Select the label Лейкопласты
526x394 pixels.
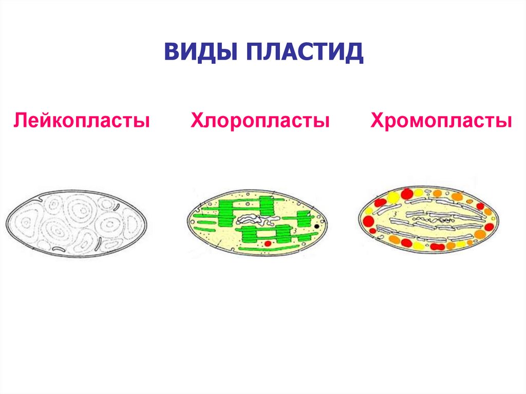click(82, 121)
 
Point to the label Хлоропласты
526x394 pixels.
click(260, 121)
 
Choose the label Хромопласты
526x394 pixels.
click(441, 121)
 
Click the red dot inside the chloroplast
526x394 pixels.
click(267, 242)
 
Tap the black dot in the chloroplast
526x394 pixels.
click(317, 226)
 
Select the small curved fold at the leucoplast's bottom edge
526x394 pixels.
click(59, 249)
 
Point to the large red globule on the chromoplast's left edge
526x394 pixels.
click(368, 221)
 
